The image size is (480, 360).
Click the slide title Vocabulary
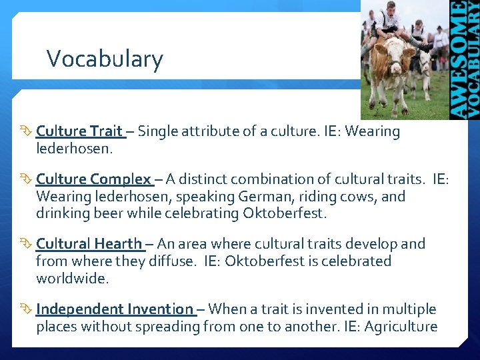[x=105, y=59]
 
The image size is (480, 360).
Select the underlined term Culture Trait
[x=79, y=131]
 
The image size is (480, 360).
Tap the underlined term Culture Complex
[x=94, y=179]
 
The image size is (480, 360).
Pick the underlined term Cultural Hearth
[x=89, y=244]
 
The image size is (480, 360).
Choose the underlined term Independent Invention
[x=115, y=309]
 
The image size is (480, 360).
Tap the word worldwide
[x=71, y=279]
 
